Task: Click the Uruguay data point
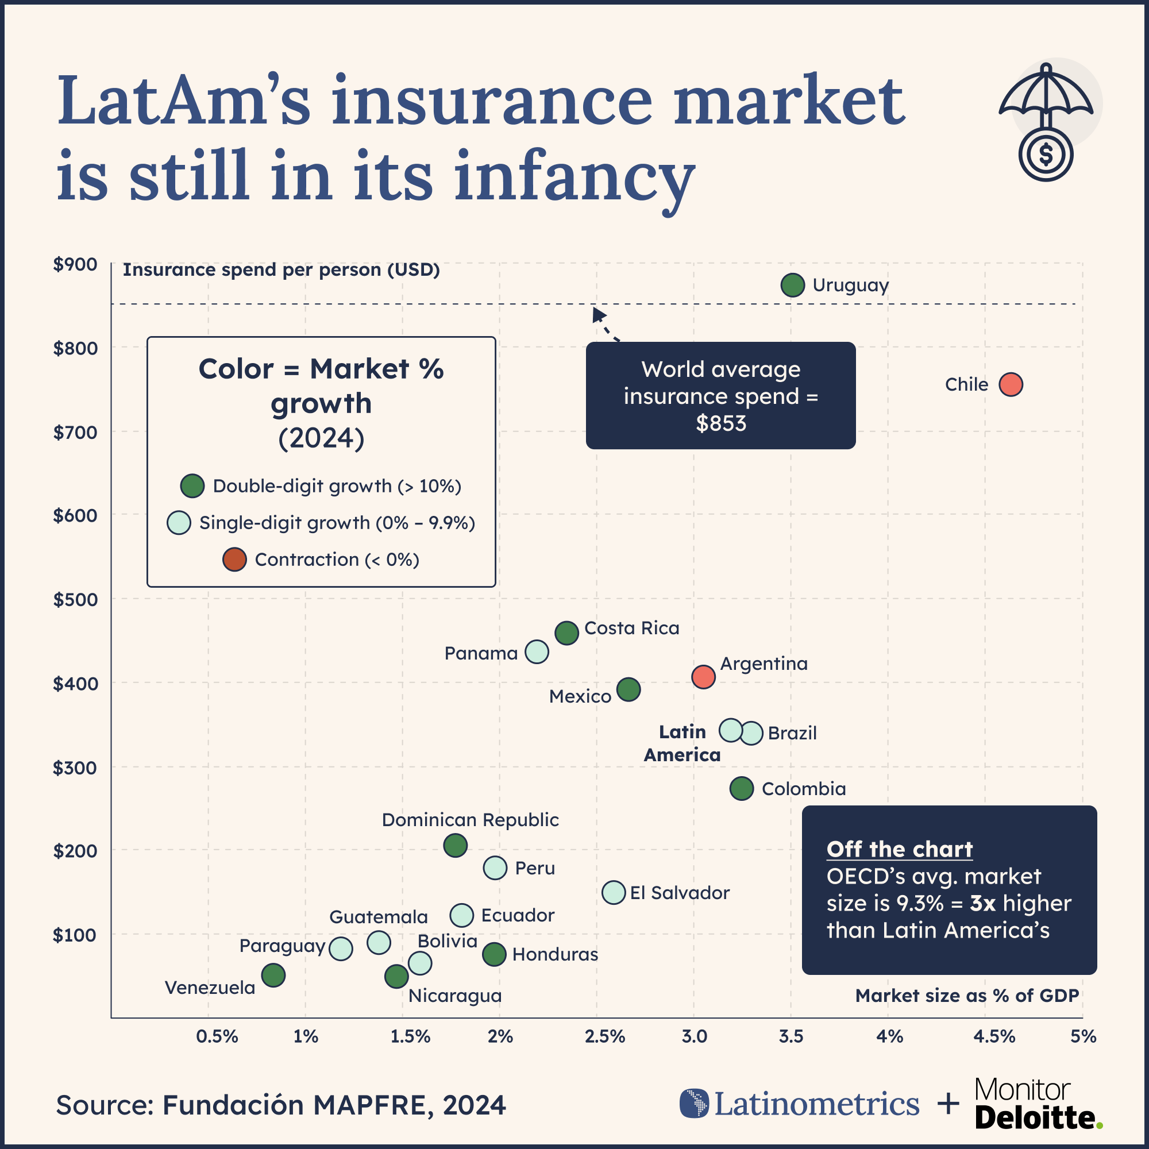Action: coord(793,286)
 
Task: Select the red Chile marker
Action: coord(1011,384)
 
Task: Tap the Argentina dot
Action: coord(703,677)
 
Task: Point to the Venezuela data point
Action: coord(273,976)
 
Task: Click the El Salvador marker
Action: coord(614,892)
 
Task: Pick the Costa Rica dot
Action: coord(567,633)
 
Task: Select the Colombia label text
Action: coord(804,789)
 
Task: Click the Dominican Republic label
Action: coord(470,820)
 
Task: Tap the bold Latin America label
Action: coord(682,743)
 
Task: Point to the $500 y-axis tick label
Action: coord(75,599)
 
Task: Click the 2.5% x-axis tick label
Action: coord(604,1036)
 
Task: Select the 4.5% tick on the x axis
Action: coord(994,1036)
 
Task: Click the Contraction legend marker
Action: coord(234,560)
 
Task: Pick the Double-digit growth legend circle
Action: coord(192,486)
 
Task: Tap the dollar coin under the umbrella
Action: coord(1046,154)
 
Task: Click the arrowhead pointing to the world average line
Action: coord(598,314)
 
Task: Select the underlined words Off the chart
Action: coord(899,849)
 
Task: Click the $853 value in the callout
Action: coord(721,423)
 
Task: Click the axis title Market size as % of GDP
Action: coord(966,996)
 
